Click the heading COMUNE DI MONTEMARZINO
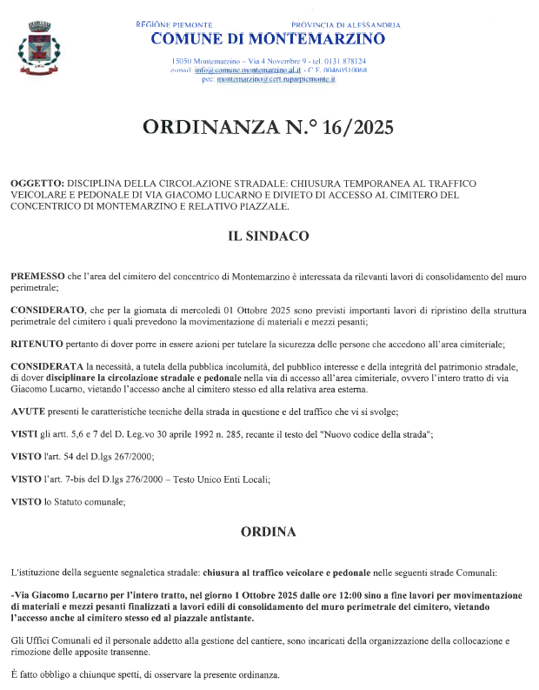[x=268, y=39]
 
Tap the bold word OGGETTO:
[x=37, y=184]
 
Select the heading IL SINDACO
[x=269, y=236]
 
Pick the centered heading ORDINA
[x=269, y=531]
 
